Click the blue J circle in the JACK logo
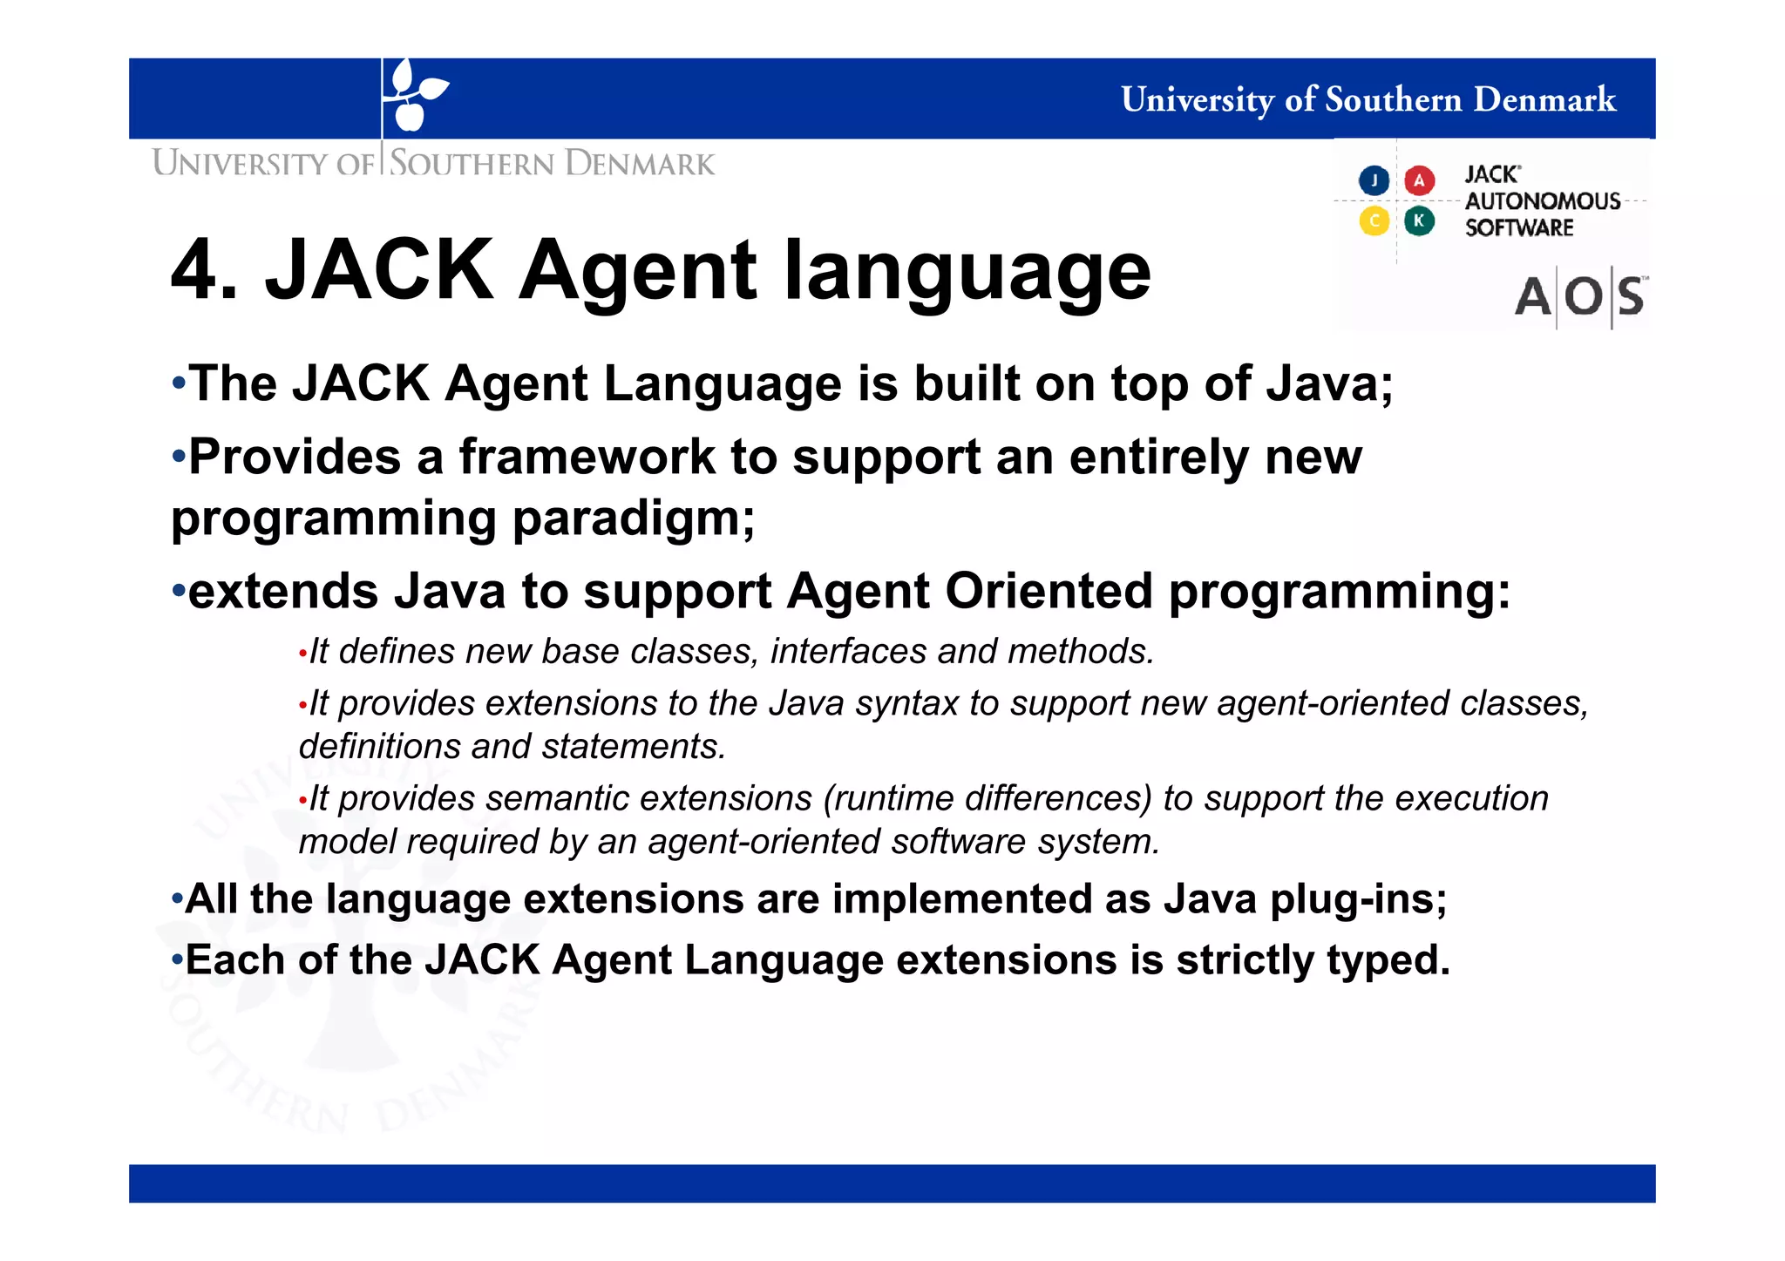1374,180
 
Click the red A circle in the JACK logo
1419,180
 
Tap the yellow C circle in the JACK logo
1374,220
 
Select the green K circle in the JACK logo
1419,220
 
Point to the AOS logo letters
1579,297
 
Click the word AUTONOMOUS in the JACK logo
1543,201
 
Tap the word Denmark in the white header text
1544,99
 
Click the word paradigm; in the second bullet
634,518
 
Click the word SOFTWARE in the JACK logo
1519,228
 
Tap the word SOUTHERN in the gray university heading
471,164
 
